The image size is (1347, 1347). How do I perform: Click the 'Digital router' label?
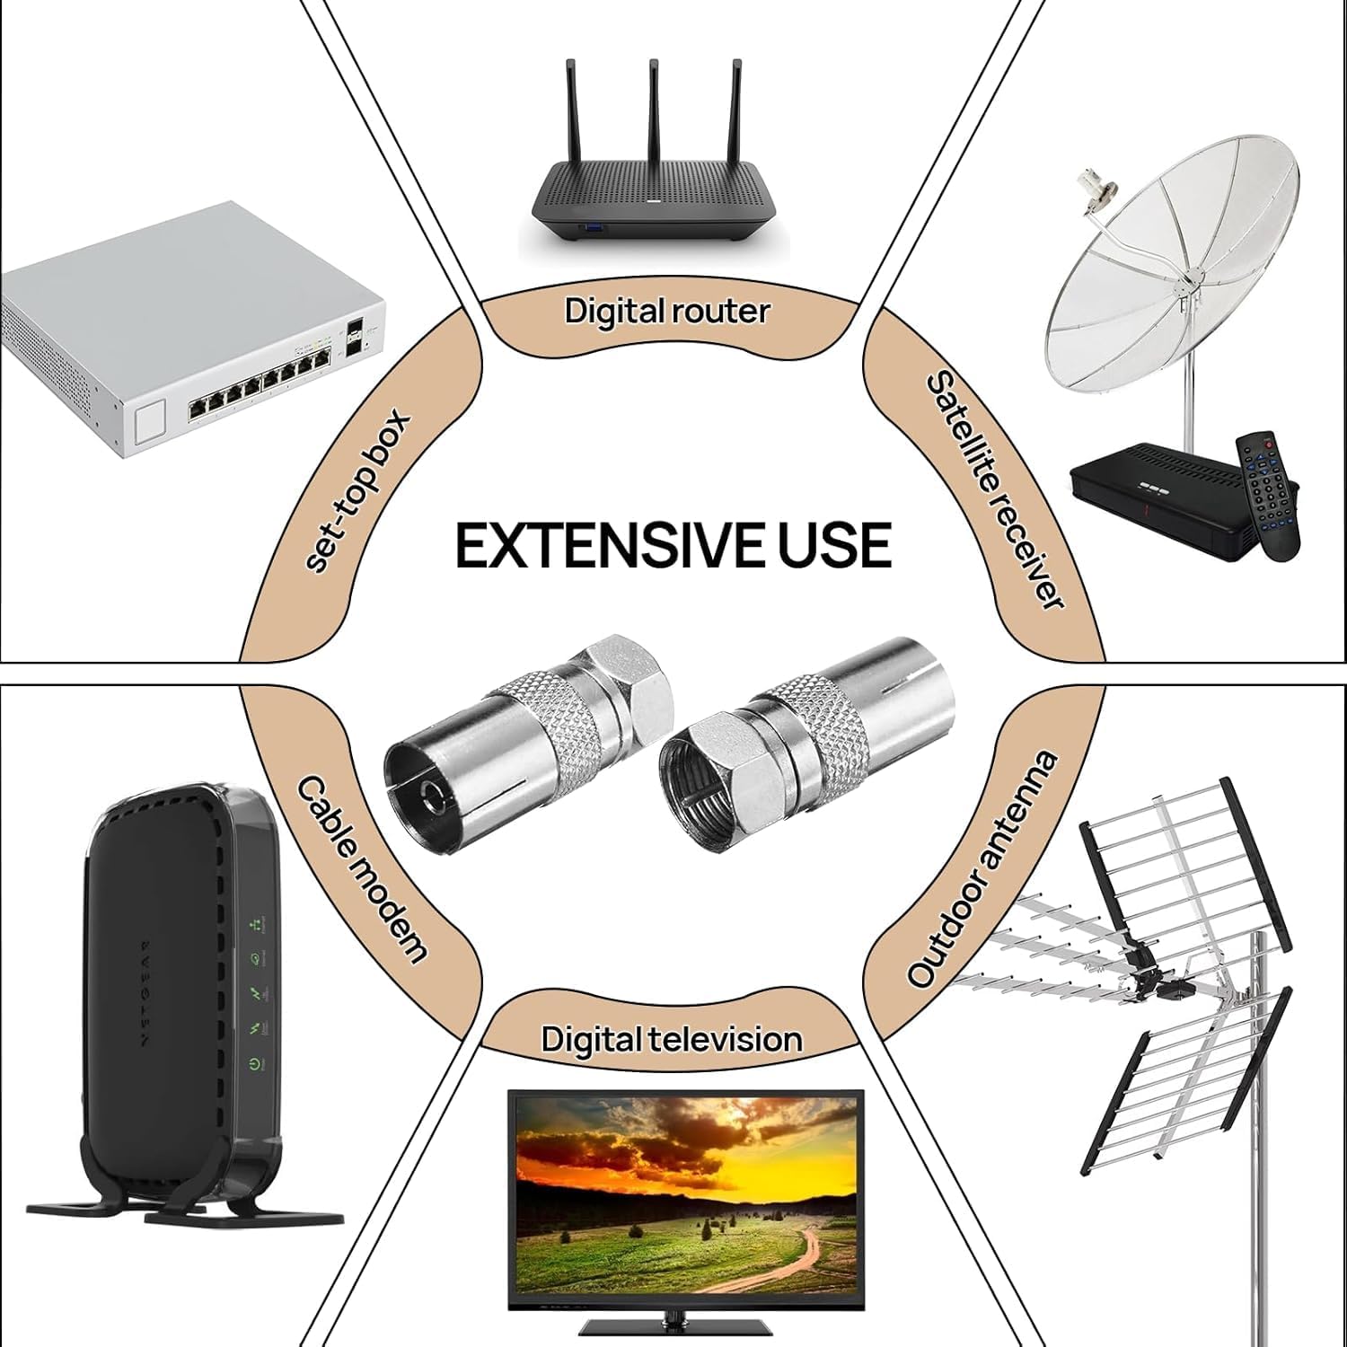pyautogui.click(x=667, y=312)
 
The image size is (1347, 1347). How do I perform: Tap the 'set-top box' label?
pyautogui.click(x=357, y=492)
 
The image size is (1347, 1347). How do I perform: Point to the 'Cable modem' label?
pyautogui.click(x=361, y=868)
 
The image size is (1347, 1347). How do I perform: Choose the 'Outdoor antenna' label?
pyautogui.click(x=982, y=868)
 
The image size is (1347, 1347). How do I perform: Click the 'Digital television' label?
pyautogui.click(x=671, y=1039)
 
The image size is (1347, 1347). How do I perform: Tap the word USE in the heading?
pyautogui.click(x=834, y=545)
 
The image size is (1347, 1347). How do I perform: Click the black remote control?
pyautogui.click(x=1268, y=496)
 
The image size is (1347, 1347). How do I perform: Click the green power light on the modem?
pyautogui.click(x=256, y=1065)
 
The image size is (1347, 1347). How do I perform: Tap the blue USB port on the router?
pyautogui.click(x=594, y=233)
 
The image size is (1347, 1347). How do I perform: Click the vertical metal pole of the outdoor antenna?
pyautogui.click(x=1266, y=1122)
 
